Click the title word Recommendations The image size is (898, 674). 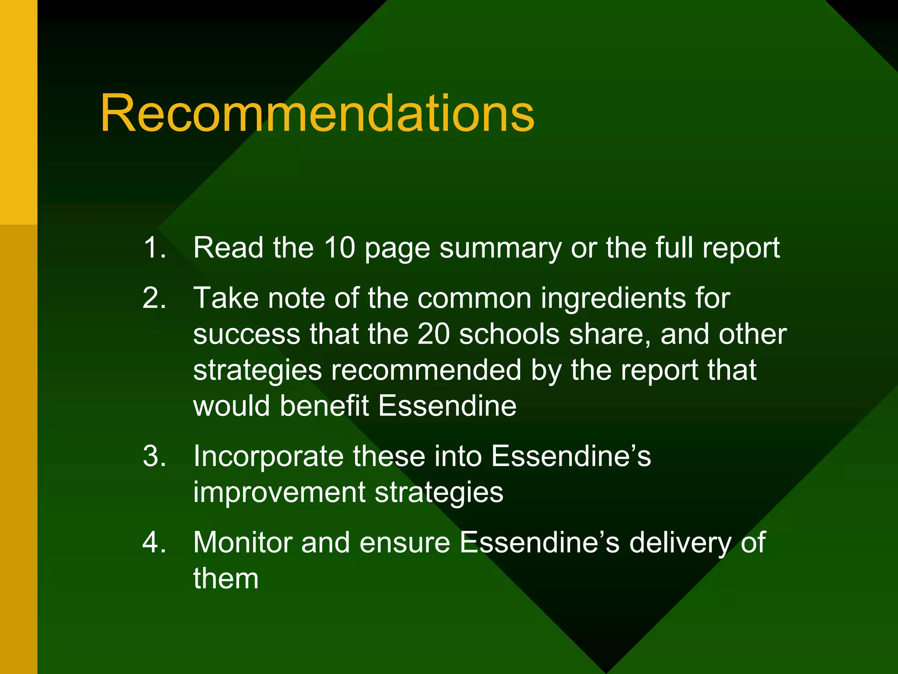(x=317, y=114)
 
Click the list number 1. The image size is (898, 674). (x=154, y=248)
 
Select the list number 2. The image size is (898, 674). (x=154, y=298)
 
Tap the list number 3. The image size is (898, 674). (x=154, y=456)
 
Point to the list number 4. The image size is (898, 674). (x=154, y=543)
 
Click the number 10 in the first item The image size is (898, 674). (x=339, y=248)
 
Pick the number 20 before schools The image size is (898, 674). (x=433, y=334)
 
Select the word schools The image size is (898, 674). (x=510, y=334)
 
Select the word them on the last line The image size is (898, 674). (x=226, y=579)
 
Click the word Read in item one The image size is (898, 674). (x=228, y=248)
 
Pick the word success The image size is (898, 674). (x=246, y=334)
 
